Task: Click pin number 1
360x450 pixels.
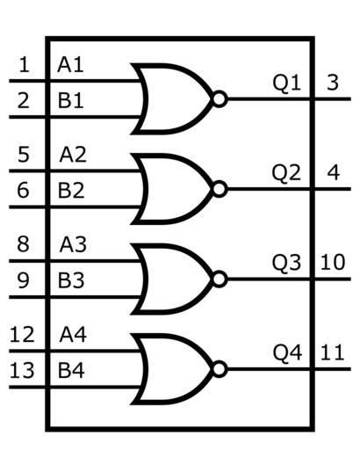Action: click(x=24, y=65)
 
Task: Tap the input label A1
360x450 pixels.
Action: click(x=70, y=65)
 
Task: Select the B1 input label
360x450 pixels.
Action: click(x=70, y=101)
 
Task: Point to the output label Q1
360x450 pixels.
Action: click(x=286, y=83)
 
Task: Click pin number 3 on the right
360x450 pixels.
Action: click(x=333, y=83)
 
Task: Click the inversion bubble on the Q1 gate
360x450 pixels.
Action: click(x=220, y=99)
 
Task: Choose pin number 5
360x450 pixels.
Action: click(x=24, y=155)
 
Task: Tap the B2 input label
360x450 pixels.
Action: click(x=71, y=191)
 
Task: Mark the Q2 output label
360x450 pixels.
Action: click(x=286, y=173)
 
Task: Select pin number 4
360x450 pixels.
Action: click(x=333, y=173)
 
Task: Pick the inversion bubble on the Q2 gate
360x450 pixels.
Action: click(x=220, y=189)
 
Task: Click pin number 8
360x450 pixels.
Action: click(x=24, y=244)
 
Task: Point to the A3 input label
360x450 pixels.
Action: click(x=73, y=244)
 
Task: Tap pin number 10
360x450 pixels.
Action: click(x=333, y=263)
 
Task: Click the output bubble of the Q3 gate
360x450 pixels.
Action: click(x=220, y=279)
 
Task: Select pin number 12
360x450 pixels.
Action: click(x=22, y=335)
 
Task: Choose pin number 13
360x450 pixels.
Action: click(x=22, y=371)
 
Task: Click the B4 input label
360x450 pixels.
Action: click(x=71, y=371)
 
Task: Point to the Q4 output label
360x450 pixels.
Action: click(x=287, y=353)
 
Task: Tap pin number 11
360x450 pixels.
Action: click(x=332, y=352)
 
